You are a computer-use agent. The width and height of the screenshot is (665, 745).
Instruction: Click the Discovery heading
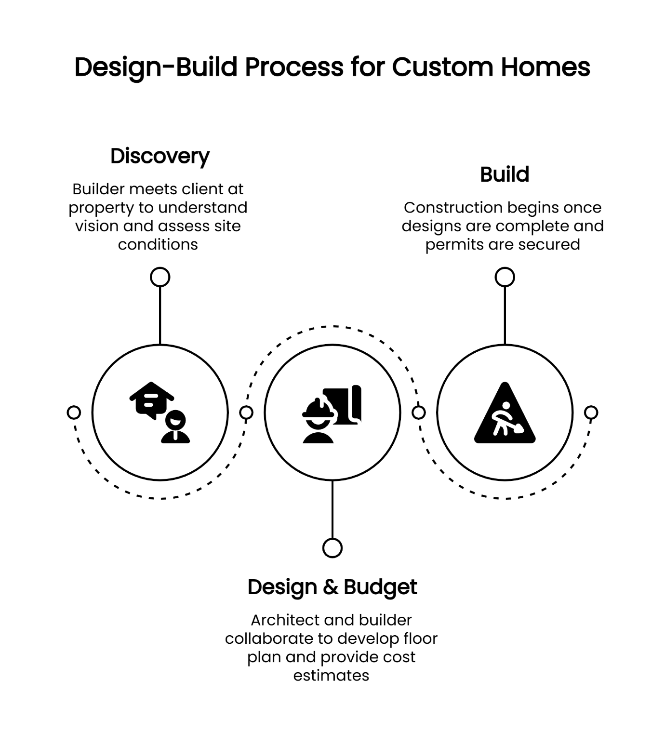click(160, 156)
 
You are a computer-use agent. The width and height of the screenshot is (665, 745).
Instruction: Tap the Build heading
click(504, 174)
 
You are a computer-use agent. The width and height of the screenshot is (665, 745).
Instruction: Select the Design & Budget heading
click(332, 587)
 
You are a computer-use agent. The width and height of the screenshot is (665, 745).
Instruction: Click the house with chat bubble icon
click(160, 412)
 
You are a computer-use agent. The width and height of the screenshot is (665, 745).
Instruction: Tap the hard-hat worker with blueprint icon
click(332, 413)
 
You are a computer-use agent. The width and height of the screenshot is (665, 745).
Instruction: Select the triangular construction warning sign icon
click(505, 413)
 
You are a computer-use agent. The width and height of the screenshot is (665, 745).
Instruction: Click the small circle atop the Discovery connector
click(160, 277)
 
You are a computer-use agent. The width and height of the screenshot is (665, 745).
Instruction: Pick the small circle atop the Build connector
click(505, 277)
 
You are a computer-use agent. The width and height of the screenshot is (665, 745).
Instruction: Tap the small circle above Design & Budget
click(332, 548)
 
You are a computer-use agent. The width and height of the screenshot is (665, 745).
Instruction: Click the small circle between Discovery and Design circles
click(246, 412)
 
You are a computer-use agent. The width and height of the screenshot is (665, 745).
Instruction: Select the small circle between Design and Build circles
click(419, 412)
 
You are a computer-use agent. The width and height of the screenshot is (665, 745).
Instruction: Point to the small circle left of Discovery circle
click(74, 412)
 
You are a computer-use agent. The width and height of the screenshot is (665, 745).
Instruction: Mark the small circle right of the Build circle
click(591, 412)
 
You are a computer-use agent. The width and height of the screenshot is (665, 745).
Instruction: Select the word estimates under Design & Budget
click(331, 675)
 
